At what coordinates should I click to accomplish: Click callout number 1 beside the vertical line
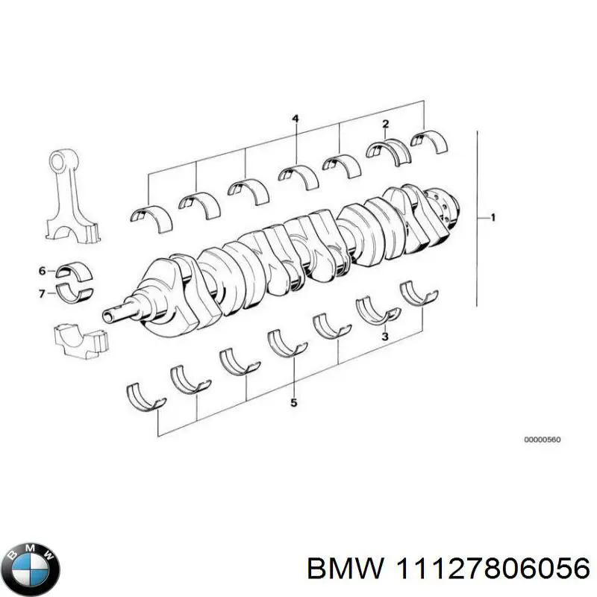(x=493, y=218)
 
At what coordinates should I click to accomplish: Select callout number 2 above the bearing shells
(x=385, y=123)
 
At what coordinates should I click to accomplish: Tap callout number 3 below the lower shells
(x=384, y=337)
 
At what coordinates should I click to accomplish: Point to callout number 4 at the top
(x=296, y=119)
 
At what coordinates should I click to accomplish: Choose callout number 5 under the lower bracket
(x=294, y=403)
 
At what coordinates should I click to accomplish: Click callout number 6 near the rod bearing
(x=43, y=270)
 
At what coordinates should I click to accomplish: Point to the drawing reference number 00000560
(x=543, y=440)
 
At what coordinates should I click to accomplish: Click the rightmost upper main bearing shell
(x=428, y=140)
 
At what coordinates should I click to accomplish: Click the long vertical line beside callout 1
(x=476, y=218)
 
